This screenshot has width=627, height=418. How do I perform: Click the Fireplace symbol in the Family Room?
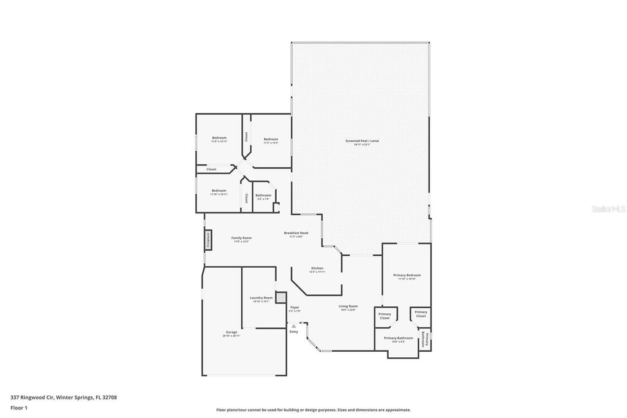(x=208, y=239)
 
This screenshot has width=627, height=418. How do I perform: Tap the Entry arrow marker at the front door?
(x=294, y=325)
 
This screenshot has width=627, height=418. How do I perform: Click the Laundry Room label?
(x=261, y=299)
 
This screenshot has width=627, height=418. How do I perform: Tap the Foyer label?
(x=295, y=308)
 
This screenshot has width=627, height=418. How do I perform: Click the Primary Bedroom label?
(x=407, y=276)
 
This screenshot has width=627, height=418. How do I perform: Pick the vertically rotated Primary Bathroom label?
(x=423, y=339)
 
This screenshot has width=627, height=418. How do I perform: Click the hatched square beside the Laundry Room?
(x=281, y=297)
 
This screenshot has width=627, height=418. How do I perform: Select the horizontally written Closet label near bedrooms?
(x=211, y=169)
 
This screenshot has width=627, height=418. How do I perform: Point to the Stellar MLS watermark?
(x=607, y=209)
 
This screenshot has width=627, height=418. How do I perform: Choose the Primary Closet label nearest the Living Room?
(x=385, y=316)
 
